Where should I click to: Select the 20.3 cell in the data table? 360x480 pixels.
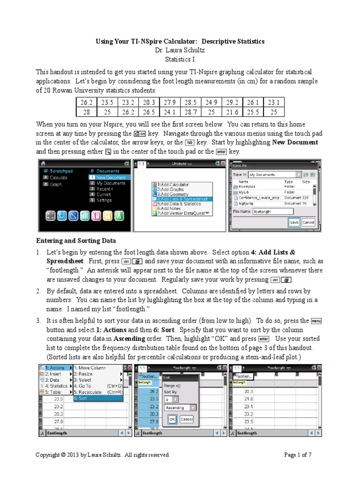[x=149, y=102]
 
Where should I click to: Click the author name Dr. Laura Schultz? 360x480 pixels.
[x=180, y=50]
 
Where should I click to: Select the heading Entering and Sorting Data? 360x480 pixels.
[x=76, y=240]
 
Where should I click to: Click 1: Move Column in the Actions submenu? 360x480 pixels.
[x=91, y=368]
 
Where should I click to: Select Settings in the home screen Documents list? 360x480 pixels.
[x=104, y=200]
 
